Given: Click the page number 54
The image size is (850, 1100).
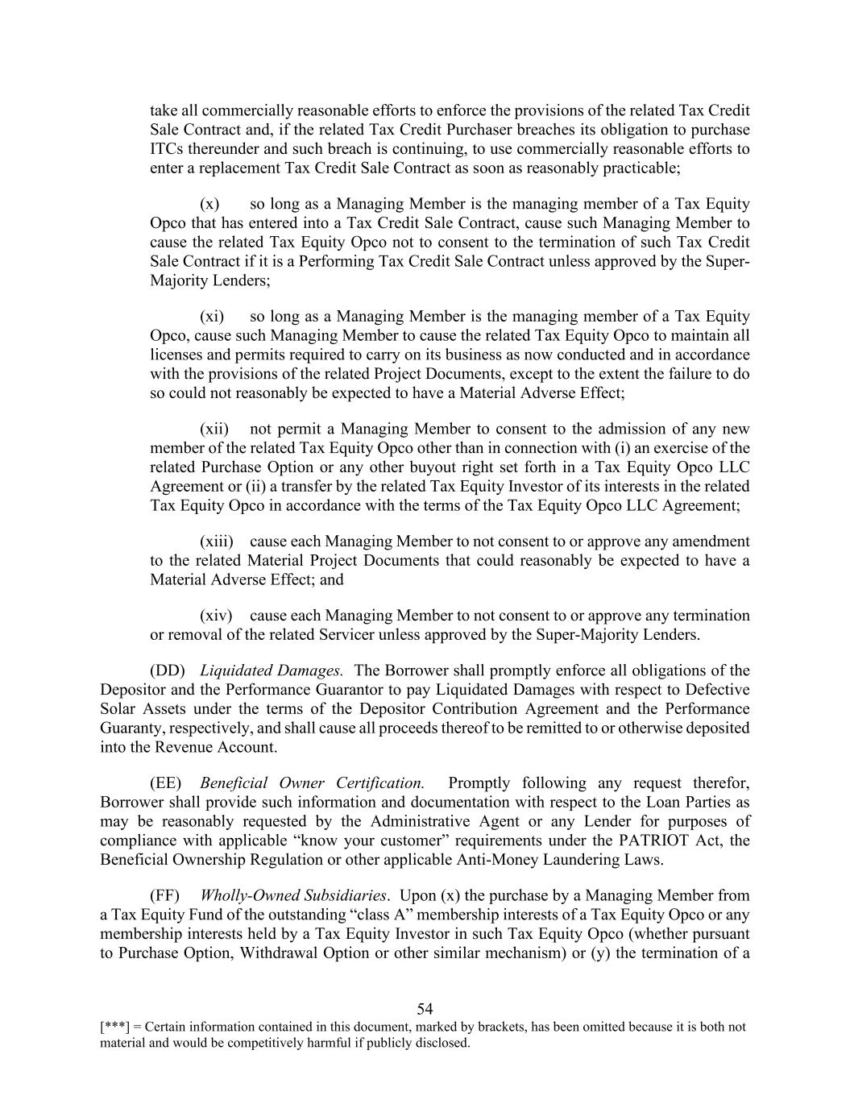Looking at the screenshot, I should click(x=425, y=1009).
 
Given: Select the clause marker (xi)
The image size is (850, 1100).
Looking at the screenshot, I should click(x=212, y=317).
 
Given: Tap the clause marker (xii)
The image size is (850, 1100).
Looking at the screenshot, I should click(x=214, y=429).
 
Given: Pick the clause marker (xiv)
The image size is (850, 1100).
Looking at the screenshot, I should click(x=216, y=616).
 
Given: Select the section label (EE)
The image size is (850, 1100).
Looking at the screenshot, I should click(x=166, y=783).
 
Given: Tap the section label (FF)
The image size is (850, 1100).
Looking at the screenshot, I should click(x=165, y=895).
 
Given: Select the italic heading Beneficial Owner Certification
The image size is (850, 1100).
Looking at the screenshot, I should click(x=312, y=783).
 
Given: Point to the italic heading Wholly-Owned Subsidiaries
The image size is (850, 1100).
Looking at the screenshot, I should click(x=295, y=895).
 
